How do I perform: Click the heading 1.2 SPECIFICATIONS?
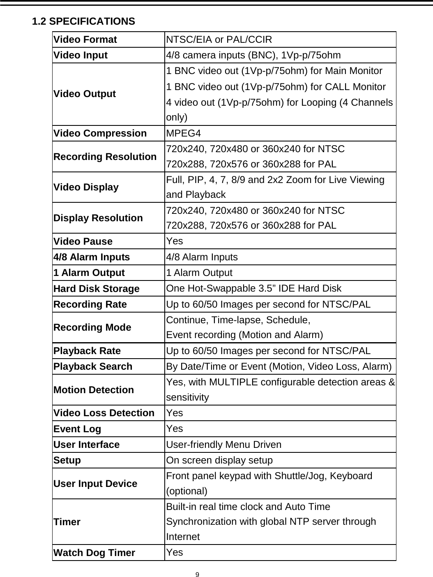(83, 21)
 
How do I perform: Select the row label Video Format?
(85, 40)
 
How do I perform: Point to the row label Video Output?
(85, 94)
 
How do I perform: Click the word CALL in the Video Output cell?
(336, 87)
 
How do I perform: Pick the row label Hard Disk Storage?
(97, 289)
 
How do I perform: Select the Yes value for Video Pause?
(175, 241)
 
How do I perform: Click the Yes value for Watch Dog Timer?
(175, 552)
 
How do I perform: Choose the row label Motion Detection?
(93, 390)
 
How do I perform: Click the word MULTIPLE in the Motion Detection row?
(233, 382)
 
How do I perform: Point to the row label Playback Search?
(93, 366)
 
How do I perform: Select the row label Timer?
(67, 522)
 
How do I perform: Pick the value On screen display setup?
(219, 460)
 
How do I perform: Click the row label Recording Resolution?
(105, 157)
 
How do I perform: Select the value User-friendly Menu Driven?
(224, 445)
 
